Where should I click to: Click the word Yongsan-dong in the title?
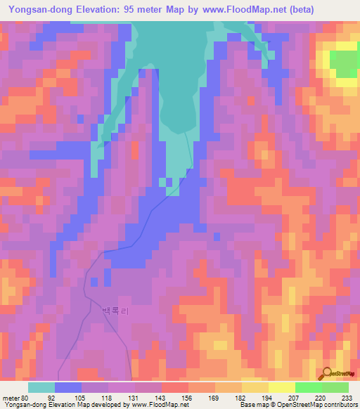click(36, 10)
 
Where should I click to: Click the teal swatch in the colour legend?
click(41, 387)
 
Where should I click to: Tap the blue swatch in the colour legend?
click(67, 387)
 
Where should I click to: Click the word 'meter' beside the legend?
click(10, 397)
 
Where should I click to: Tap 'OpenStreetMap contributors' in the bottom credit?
click(313, 405)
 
